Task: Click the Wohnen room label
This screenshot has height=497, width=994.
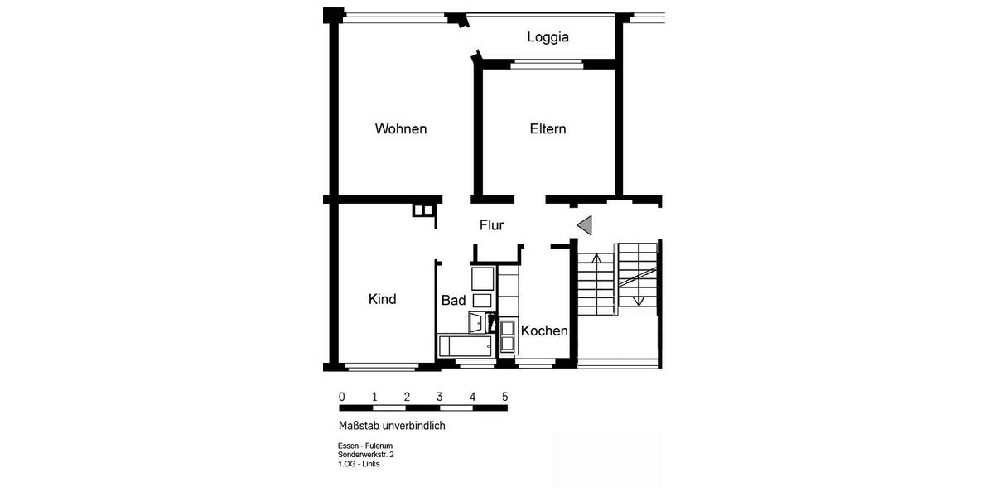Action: tap(401, 129)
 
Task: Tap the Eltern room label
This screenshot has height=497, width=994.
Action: tap(548, 129)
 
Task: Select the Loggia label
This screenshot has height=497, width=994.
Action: tap(548, 37)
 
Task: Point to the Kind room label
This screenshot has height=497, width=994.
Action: tap(382, 299)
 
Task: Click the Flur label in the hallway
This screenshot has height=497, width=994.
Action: tap(491, 225)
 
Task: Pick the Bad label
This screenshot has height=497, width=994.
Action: tap(453, 301)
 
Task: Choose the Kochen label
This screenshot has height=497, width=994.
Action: tap(544, 331)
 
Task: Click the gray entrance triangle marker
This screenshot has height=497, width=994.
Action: tap(585, 224)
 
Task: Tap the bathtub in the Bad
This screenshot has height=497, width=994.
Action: tap(465, 345)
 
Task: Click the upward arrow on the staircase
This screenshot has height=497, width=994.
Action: tap(597, 258)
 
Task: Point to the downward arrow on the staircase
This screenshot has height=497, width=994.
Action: tap(636, 300)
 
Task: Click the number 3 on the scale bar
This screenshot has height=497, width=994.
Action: tap(440, 397)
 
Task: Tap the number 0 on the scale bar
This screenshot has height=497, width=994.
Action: tap(342, 397)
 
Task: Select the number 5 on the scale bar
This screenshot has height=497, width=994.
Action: tap(504, 397)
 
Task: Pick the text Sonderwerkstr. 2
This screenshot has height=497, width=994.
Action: tap(365, 455)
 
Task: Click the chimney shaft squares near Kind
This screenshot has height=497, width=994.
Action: tap(423, 210)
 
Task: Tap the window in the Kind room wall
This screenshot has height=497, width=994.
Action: tap(381, 367)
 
